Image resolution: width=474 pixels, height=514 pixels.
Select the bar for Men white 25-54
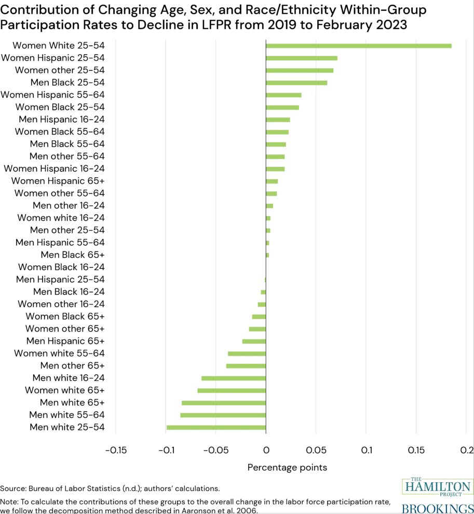216,427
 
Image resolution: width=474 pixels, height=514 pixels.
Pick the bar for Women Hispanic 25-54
301,58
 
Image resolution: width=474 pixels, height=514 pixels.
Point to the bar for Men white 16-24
234,378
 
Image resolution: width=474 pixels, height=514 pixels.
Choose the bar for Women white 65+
232,390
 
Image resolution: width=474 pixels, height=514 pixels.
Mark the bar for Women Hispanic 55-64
283,95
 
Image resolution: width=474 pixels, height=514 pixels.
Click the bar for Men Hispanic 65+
254,341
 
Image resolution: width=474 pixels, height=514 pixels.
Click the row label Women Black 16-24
61,267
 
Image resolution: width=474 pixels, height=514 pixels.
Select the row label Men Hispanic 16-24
62,120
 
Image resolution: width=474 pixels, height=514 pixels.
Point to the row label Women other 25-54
60,70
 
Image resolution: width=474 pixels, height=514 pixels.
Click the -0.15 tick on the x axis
115,450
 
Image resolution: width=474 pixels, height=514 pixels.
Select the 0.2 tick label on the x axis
466,450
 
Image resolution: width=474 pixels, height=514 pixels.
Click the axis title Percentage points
287,467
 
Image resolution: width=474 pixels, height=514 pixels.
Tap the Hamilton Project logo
438,487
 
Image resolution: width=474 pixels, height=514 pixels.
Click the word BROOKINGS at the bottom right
438,508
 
